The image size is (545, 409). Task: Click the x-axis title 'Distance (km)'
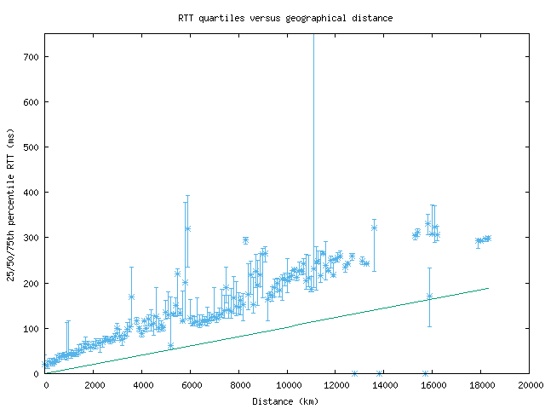(x=285, y=401)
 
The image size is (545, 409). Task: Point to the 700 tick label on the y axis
(x=32, y=56)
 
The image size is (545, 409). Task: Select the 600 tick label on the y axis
(x=32, y=101)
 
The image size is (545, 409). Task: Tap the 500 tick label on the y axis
(x=32, y=147)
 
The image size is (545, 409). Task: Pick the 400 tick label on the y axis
(x=32, y=192)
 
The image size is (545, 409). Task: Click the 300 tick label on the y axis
(x=32, y=237)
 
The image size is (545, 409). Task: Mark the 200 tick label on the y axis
(x=32, y=283)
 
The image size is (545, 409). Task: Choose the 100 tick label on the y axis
(x=32, y=328)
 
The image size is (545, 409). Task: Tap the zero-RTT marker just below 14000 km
(x=379, y=373)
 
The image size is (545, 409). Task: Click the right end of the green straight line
(x=489, y=288)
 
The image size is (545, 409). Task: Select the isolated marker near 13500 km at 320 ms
(x=374, y=228)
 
